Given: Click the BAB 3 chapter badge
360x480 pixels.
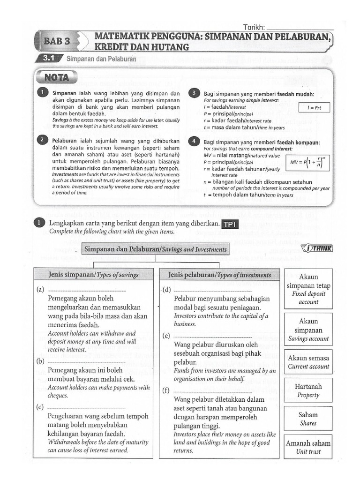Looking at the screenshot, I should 57,41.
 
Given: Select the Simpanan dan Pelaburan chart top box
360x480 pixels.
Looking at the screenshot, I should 155,249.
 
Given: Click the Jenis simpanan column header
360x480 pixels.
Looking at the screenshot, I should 94,275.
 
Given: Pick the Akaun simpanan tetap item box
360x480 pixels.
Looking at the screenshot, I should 308,289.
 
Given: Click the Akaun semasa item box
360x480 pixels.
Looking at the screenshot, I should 308,362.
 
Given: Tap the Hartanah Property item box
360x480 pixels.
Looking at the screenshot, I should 308,390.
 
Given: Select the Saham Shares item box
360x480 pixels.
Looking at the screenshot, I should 308,419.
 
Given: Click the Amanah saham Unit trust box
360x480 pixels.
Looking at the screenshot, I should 308,447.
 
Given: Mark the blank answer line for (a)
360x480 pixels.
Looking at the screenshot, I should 87,291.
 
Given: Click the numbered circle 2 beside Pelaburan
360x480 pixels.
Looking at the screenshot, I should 43,140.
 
